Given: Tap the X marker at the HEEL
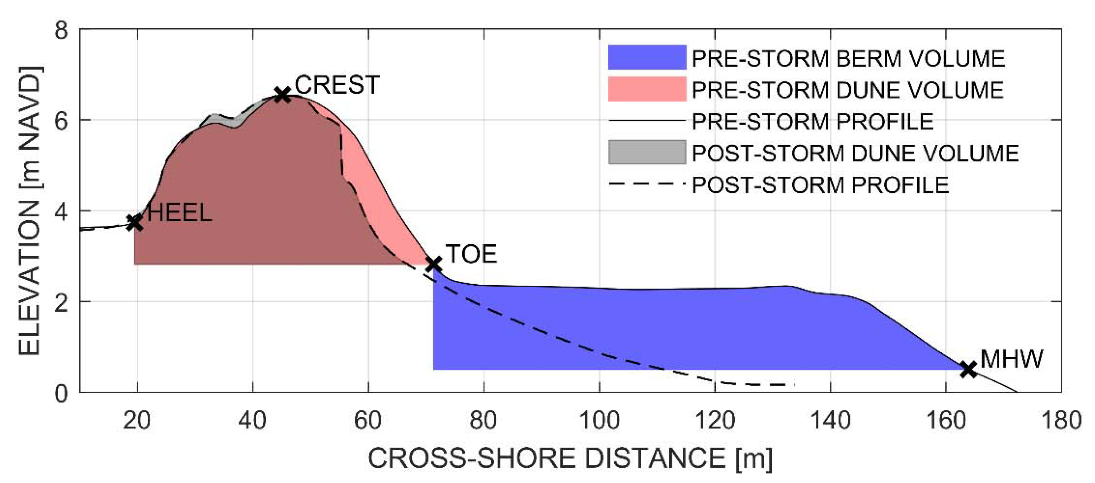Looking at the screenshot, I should click(135, 222).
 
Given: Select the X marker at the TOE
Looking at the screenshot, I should click(433, 264).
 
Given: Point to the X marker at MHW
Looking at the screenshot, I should click(969, 369).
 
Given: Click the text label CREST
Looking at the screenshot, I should click(337, 85).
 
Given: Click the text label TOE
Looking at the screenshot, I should click(471, 254).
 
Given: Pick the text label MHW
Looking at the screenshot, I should click(1012, 359).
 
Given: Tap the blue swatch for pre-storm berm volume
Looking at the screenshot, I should click(647, 57).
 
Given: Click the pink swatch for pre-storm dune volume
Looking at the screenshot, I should click(647, 89).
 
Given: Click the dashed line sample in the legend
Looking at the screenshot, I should click(647, 184).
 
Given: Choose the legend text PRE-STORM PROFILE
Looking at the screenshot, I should click(812, 121).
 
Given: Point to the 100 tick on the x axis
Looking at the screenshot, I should click(599, 421).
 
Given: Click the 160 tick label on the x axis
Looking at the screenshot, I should click(945, 421).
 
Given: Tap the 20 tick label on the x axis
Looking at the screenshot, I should click(137, 421).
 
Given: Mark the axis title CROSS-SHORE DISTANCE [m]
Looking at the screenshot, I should click(570, 459).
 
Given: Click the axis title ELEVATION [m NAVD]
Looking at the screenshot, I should click(30, 211).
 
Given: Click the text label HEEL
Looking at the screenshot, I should click(180, 212).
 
